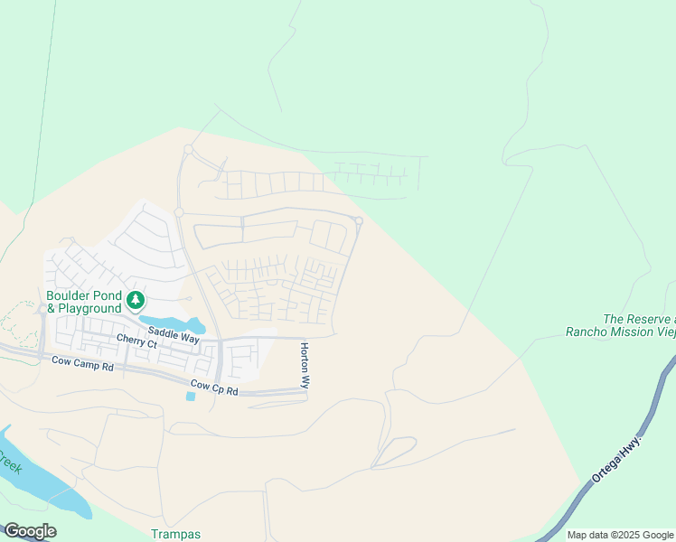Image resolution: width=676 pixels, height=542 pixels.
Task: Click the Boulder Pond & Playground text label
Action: [85, 302]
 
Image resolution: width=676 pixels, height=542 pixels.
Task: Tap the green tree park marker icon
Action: [135, 300]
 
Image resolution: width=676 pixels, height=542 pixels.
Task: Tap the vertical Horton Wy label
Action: [305, 366]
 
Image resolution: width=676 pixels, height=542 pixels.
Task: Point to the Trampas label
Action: [176, 534]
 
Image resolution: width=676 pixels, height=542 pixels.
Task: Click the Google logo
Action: [30, 531]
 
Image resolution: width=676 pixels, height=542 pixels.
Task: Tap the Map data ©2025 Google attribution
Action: [619, 535]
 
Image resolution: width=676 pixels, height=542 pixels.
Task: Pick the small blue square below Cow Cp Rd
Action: [190, 397]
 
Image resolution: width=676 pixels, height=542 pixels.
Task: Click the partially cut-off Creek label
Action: [10, 464]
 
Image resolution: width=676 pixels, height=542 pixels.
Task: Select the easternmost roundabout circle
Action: [359, 221]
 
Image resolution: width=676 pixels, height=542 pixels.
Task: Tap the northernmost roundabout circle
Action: [188, 149]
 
